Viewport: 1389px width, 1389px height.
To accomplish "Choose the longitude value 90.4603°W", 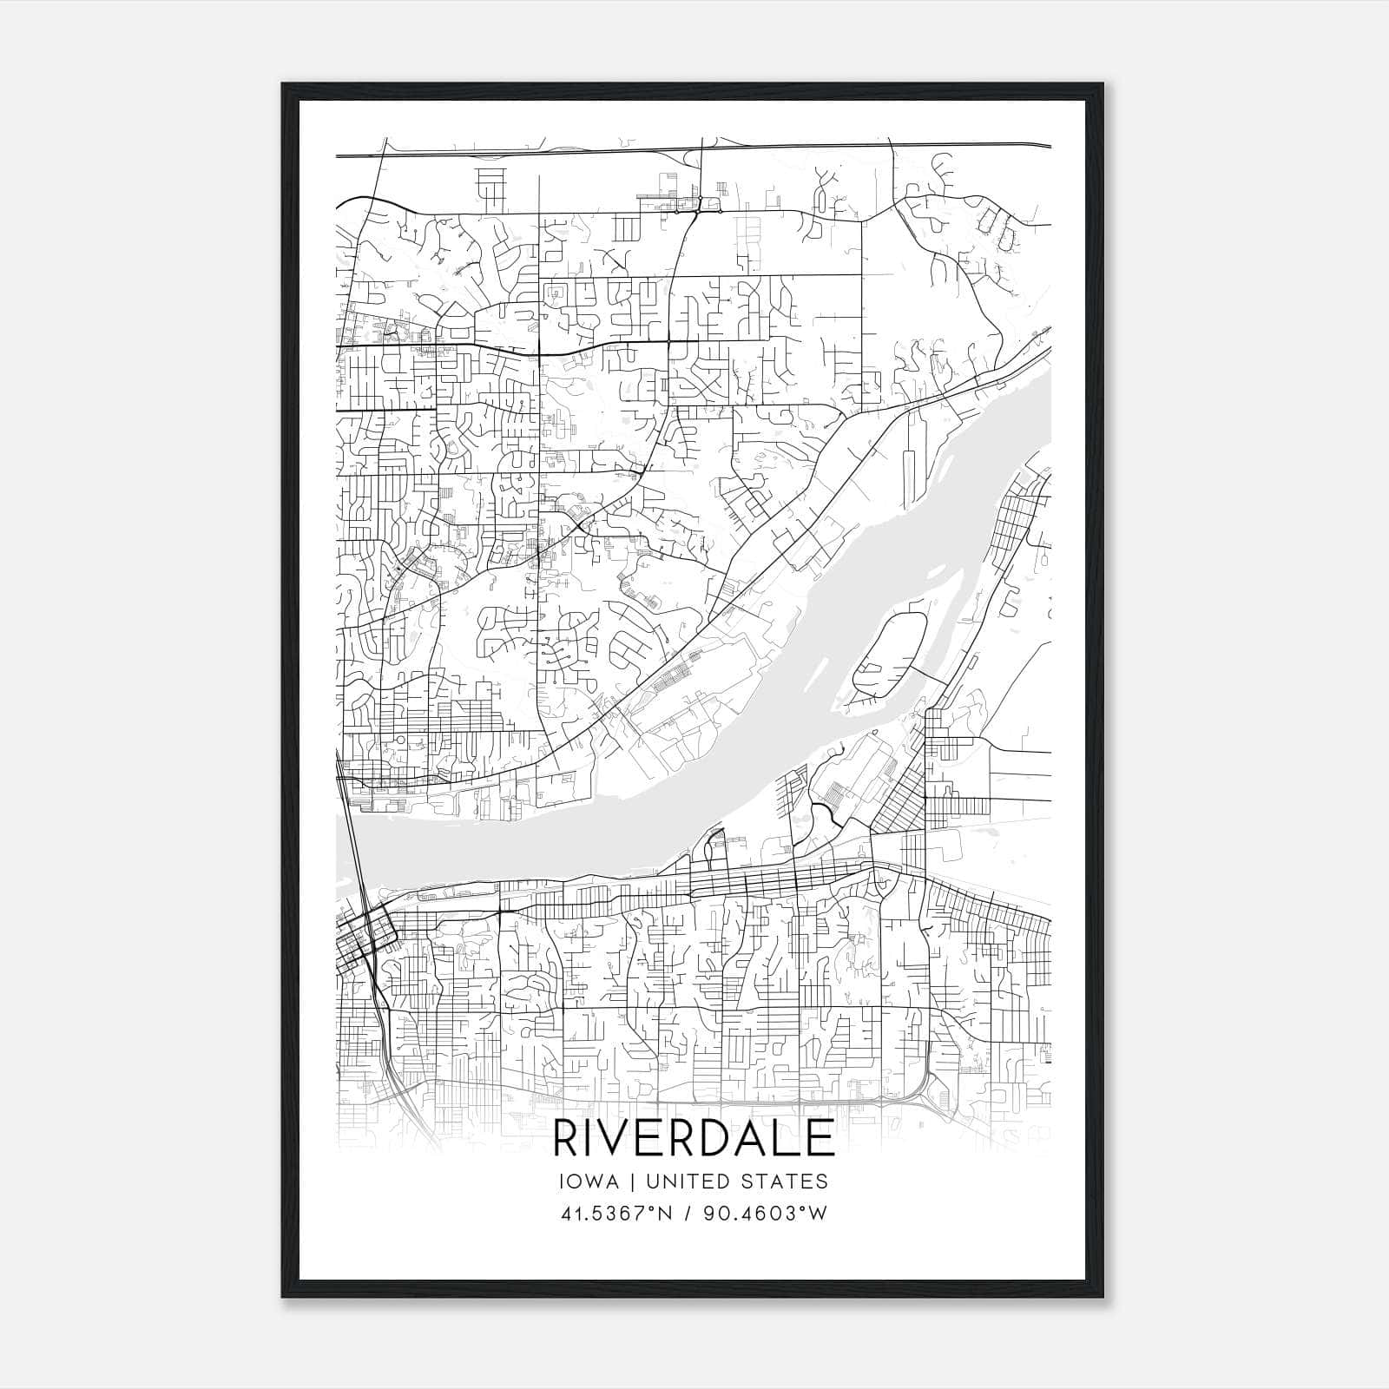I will (x=766, y=1213).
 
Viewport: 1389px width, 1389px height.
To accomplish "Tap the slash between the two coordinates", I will (x=688, y=1213).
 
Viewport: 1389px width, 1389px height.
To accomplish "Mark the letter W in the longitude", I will (x=818, y=1213).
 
